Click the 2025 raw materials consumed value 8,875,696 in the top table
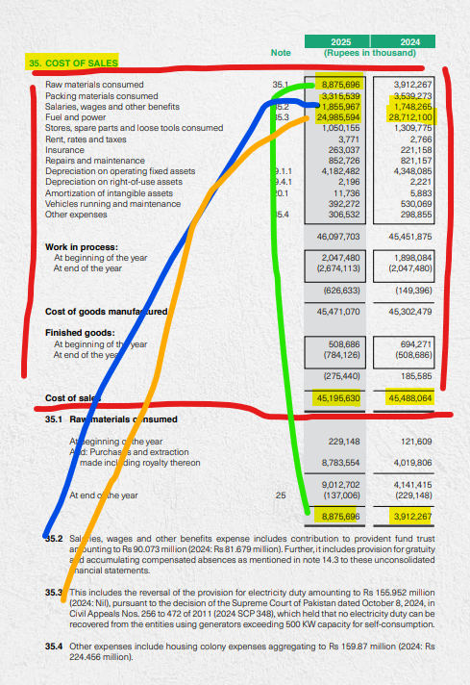pyautogui.click(x=339, y=85)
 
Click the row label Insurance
pyautogui.click(x=62, y=149)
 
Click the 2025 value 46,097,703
pyautogui.click(x=339, y=236)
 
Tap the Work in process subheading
pyautogui.click(x=79, y=247)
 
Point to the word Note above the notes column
pyautogui.click(x=282, y=52)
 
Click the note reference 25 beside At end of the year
pyautogui.click(x=281, y=495)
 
